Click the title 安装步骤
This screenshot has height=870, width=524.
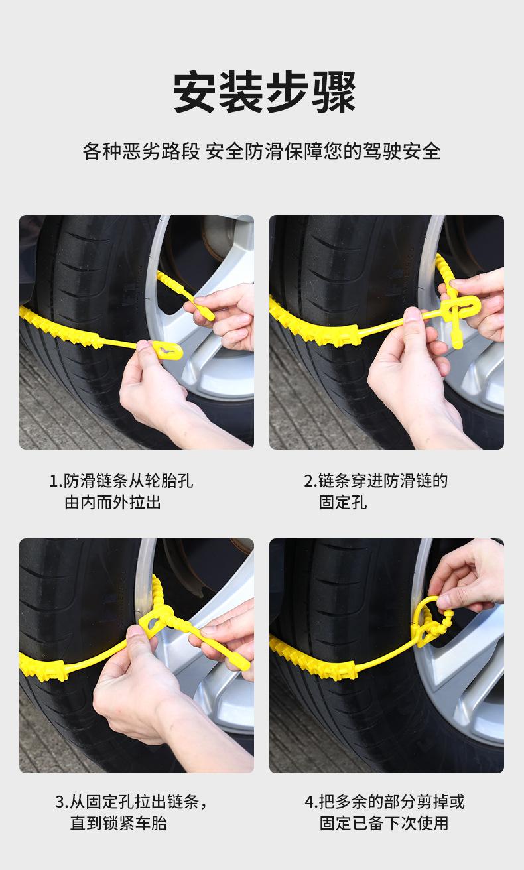[x=264, y=92]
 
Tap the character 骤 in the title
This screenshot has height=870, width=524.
[x=334, y=92]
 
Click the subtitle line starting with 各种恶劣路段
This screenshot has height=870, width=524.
[x=262, y=151]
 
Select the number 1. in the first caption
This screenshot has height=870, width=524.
[x=56, y=481]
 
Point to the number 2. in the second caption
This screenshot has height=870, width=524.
[x=310, y=481]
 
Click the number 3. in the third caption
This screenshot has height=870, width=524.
[x=62, y=802]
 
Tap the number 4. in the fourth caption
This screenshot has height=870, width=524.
[x=312, y=802]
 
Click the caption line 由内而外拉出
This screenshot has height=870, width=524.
[x=113, y=502]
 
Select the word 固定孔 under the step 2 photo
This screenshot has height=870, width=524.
[x=343, y=502]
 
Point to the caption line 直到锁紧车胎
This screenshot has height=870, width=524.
[x=119, y=823]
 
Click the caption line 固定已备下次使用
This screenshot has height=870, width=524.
[x=384, y=823]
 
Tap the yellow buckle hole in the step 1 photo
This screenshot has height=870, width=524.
[x=168, y=351]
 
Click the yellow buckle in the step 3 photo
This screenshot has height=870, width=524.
[x=155, y=622]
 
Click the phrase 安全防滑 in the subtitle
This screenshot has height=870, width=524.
[x=244, y=151]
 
